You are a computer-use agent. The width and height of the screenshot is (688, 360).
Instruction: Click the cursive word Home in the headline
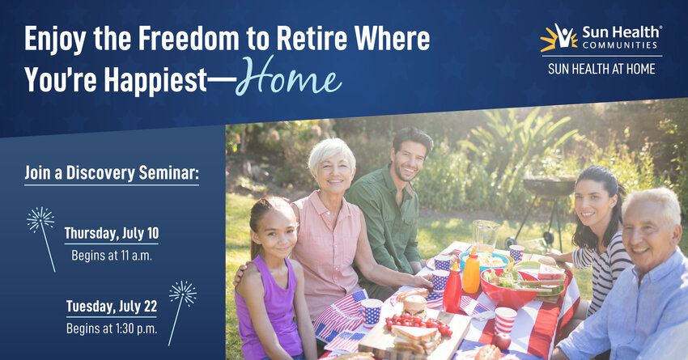pos(289,77)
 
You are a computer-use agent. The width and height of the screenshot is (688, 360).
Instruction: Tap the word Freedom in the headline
pos(189,39)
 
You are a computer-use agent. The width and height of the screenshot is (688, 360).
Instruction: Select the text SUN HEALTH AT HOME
pos(601,70)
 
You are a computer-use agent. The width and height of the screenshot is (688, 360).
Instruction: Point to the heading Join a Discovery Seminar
pos(112,173)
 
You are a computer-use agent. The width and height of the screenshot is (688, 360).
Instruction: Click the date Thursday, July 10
pos(112,233)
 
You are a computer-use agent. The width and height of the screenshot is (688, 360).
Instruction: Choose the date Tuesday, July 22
pos(112,307)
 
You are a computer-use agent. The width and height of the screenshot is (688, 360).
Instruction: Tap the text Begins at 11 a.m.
pos(112,255)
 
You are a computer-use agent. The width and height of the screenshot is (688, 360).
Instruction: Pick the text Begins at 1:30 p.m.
pos(112,328)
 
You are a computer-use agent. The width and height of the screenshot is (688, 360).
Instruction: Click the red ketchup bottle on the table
pos(452,287)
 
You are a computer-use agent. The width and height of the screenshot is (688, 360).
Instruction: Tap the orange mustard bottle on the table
pos(471,270)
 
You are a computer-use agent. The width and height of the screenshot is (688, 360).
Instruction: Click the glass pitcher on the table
pos(486,235)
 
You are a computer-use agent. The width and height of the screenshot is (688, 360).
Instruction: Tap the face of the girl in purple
pos(273,232)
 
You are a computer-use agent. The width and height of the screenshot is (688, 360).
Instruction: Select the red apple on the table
pos(503,341)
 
